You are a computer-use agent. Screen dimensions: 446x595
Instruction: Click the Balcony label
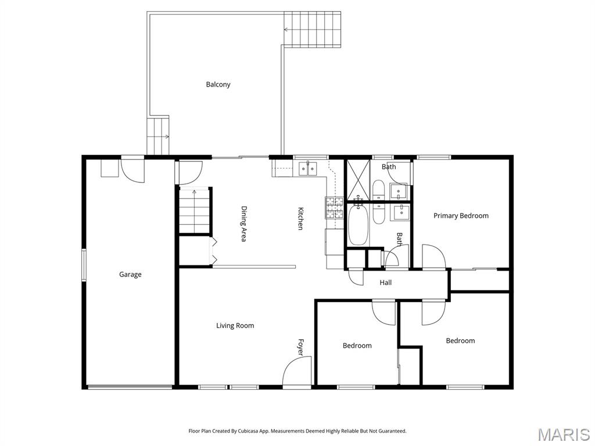(x=218, y=84)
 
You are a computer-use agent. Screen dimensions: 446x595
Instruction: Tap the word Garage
(x=130, y=274)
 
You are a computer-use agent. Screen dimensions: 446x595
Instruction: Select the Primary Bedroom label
(x=461, y=215)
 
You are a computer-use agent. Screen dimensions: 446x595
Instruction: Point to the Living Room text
(x=235, y=326)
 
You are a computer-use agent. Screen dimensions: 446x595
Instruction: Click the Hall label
(x=385, y=283)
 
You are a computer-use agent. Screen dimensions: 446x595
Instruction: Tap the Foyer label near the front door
(x=301, y=347)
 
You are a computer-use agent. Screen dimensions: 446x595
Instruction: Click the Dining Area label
(x=244, y=224)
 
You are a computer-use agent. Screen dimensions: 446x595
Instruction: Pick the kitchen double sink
(x=307, y=168)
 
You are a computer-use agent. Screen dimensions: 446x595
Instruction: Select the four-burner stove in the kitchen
(x=335, y=208)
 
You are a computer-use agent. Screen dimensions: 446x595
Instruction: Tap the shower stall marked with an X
(x=359, y=179)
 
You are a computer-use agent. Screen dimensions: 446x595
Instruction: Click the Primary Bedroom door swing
(x=433, y=257)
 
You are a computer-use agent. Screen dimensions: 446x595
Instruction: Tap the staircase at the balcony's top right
(x=313, y=28)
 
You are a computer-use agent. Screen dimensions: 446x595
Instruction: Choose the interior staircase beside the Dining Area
(x=194, y=211)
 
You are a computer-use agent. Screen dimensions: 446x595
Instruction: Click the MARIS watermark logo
(x=563, y=434)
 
